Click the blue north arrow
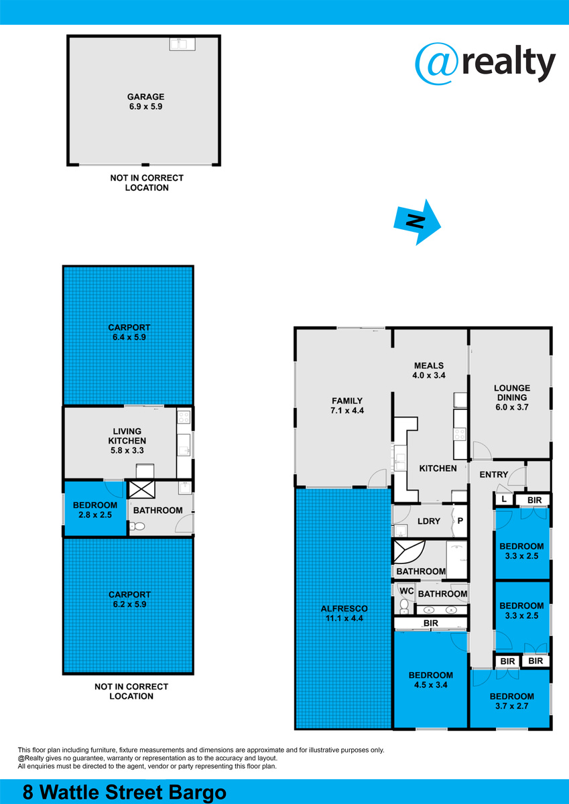[417, 222]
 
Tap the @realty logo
[485, 64]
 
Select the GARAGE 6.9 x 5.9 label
[145, 102]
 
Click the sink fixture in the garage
[183, 44]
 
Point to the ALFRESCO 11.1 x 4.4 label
[344, 614]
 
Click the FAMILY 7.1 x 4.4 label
[347, 405]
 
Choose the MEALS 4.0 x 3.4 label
[429, 371]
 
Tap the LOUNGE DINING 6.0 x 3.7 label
[512, 397]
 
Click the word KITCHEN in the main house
[438, 468]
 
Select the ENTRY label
[494, 474]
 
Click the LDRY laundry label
[429, 521]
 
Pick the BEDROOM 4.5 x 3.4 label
[431, 680]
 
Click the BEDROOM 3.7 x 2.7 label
[512, 701]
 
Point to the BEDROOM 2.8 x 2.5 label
[95, 510]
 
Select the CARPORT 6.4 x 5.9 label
[129, 332]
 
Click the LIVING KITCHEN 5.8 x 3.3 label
[127, 440]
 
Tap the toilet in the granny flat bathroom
[137, 526]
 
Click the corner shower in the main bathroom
[409, 552]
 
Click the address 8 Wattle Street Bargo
[125, 791]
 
